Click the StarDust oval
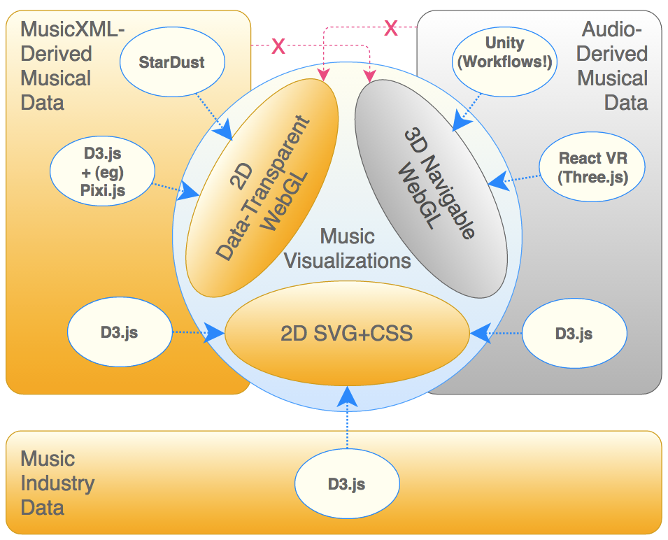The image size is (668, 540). (172, 62)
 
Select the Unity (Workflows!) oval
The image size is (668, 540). (504, 52)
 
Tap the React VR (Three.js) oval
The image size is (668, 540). (592, 168)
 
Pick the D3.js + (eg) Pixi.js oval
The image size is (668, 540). (102, 170)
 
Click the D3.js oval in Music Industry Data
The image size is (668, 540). (346, 484)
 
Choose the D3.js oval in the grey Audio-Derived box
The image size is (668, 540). (574, 334)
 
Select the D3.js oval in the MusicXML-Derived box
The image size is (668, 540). (119, 332)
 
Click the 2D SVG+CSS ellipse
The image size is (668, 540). (346, 334)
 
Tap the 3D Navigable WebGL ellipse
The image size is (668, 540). (431, 189)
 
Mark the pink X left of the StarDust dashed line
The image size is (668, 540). (278, 47)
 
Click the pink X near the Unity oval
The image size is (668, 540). (391, 28)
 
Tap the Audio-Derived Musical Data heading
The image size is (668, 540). (613, 66)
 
